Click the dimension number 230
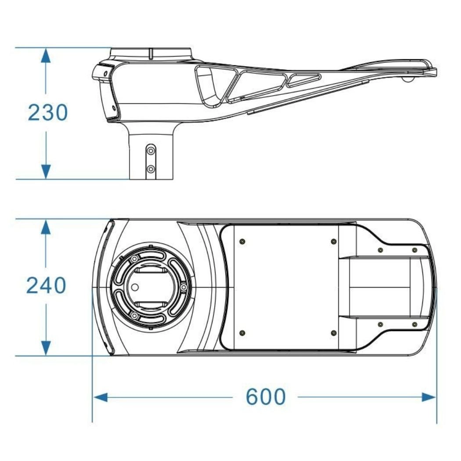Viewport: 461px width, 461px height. pos(47,112)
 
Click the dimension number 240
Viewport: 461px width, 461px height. pos(46,285)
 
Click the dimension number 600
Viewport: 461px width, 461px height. pos(266,396)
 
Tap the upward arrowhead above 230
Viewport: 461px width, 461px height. pos(46,56)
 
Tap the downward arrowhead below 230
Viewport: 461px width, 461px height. pos(46,171)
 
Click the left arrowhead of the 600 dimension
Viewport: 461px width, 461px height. pos(101,397)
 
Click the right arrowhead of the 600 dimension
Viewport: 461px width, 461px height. pos(429,397)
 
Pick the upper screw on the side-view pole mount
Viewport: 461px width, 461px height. pos(151,151)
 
